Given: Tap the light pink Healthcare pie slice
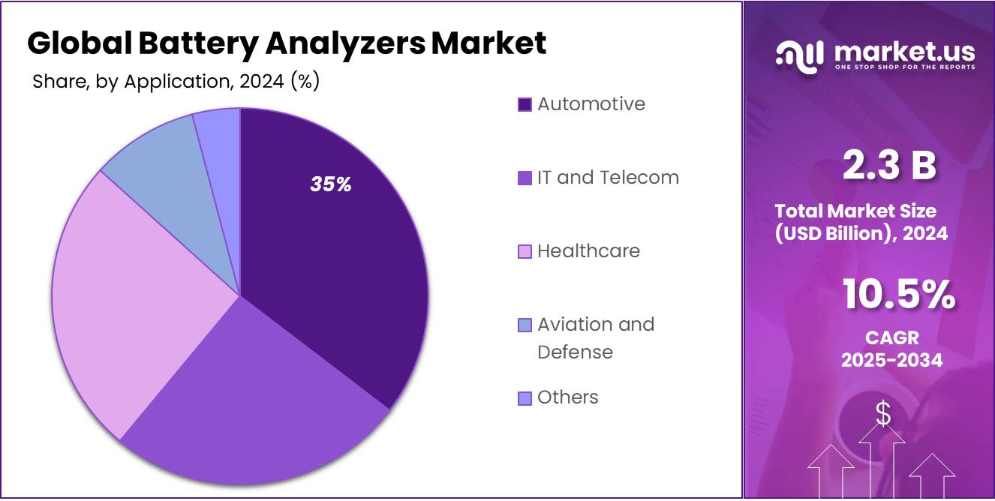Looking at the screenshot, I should click(128, 300).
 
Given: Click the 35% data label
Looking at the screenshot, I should click(331, 184).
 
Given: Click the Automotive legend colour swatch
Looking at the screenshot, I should click(525, 104).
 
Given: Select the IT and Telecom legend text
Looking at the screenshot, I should click(608, 178).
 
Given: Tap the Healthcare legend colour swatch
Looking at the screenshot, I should click(525, 251).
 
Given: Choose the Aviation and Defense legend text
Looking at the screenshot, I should click(596, 337).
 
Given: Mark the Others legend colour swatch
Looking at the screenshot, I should click(525, 398).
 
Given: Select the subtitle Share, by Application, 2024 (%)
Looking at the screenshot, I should click(176, 82).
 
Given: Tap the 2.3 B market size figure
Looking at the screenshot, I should click(890, 166).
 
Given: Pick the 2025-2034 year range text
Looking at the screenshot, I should click(891, 360).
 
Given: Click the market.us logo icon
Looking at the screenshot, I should click(799, 55).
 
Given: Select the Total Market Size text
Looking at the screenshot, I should click(855, 211).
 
